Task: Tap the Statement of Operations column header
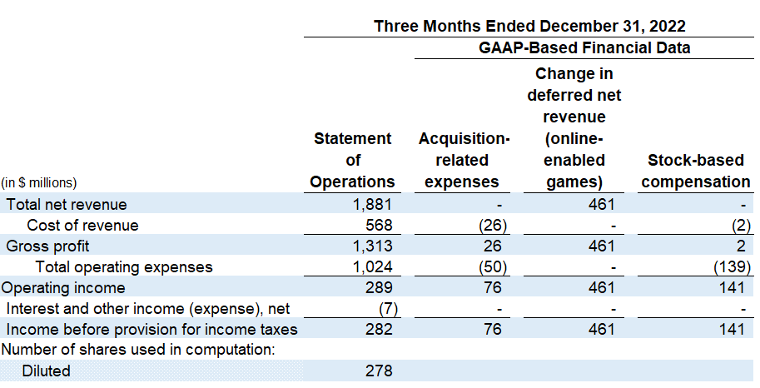352,160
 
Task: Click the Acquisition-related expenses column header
464,160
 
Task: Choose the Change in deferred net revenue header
574,127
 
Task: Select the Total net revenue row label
67,204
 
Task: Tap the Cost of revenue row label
82,225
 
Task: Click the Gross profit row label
47,246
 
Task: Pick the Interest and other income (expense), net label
147,309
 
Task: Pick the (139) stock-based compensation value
733,267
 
